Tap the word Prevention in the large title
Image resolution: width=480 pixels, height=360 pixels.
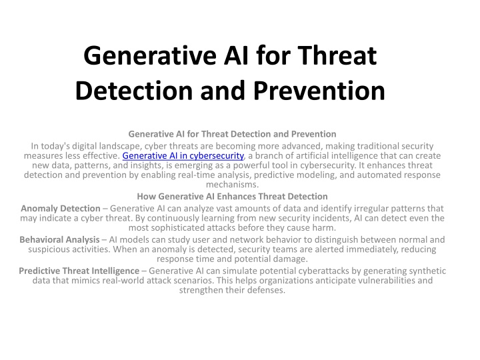[x=319, y=91]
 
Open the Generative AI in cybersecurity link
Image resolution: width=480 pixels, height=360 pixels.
[x=183, y=156]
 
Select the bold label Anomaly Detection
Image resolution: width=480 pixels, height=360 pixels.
[x=61, y=209]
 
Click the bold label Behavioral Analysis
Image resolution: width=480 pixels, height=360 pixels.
[x=60, y=240]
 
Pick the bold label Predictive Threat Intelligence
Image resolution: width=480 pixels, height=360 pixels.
[x=79, y=271]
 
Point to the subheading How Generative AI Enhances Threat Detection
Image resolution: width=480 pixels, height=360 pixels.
[x=233, y=196]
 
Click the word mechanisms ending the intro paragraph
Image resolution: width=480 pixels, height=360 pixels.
[x=232, y=184]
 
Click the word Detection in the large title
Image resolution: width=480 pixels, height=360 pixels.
[x=134, y=91]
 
